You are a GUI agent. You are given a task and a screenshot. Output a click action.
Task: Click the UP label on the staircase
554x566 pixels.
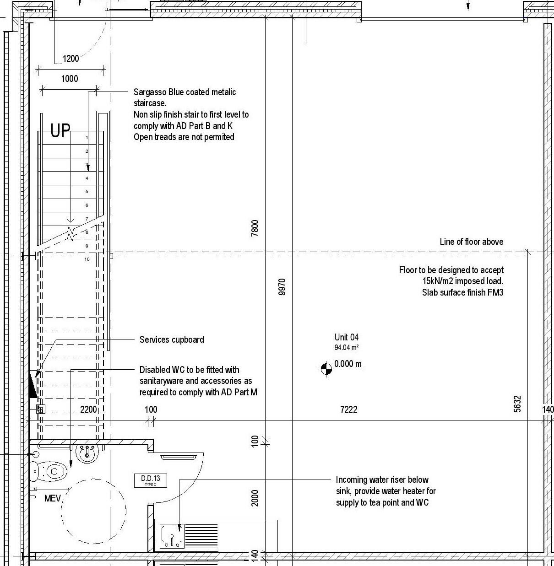[x=60, y=131]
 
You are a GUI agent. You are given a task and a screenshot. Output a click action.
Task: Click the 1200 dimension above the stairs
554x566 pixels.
[x=71, y=59]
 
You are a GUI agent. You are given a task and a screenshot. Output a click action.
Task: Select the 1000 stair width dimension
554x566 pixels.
[x=70, y=79]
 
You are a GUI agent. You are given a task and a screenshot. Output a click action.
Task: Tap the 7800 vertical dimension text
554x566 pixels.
[x=255, y=228]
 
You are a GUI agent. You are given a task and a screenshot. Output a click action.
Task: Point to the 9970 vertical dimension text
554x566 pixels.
[x=282, y=286]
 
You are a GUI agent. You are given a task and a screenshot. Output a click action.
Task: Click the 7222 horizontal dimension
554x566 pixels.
[x=348, y=410]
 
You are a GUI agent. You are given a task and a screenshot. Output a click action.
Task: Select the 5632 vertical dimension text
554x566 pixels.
[x=517, y=404]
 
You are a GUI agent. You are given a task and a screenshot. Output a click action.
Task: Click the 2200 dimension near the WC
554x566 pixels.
[x=88, y=410]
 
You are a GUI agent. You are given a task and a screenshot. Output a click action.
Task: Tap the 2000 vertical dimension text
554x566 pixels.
[x=255, y=498]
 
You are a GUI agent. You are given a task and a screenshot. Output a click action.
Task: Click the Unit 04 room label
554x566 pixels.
[x=346, y=338]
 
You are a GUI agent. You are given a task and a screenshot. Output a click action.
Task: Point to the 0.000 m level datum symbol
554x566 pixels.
[x=326, y=368]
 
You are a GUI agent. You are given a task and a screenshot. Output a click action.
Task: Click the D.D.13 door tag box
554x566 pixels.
[x=150, y=480]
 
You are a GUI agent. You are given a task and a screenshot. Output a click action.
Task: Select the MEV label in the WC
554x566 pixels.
[x=52, y=498]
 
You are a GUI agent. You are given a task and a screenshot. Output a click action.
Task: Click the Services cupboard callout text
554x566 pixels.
[x=172, y=340]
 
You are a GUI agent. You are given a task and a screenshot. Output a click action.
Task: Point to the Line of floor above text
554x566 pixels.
[x=471, y=242]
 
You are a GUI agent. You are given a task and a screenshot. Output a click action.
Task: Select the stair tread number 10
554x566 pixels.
[x=87, y=259]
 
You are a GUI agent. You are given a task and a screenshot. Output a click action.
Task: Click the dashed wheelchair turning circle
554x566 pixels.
[x=93, y=511]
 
